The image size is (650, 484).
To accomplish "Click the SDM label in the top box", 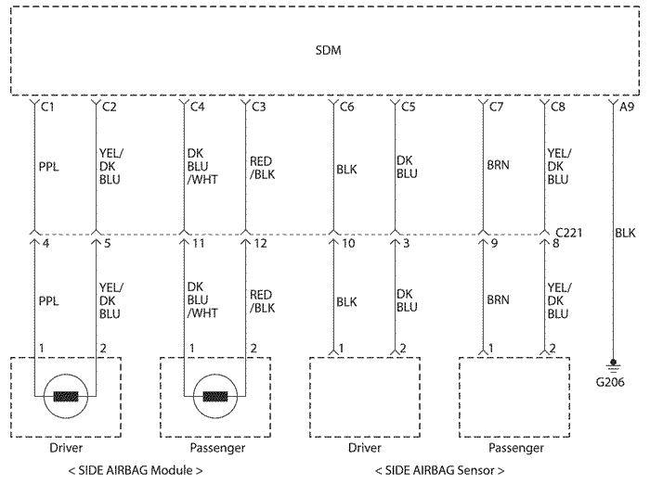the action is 328,50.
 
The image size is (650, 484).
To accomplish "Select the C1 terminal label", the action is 47,108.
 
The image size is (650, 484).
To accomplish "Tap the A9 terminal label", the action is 627,108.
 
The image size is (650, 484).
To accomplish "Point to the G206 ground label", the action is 610,382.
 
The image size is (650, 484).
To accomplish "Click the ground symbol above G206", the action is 613,365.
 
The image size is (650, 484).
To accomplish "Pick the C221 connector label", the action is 568,233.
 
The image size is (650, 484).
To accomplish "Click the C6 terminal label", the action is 347,108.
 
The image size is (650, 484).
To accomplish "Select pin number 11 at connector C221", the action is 199,243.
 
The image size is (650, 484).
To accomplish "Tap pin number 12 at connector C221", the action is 260,243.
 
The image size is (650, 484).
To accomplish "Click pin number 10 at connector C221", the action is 348,243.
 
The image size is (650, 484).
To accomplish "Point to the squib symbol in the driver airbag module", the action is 66,396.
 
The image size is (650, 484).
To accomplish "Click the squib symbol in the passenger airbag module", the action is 215,396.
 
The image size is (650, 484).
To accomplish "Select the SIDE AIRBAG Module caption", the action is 136,471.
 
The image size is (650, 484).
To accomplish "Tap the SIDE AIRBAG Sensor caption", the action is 439,471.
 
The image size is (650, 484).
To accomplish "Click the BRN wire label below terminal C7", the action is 498,165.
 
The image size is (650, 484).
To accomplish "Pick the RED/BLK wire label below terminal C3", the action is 262,168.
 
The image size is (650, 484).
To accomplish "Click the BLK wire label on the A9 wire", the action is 625,233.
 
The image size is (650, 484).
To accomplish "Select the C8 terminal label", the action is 557,108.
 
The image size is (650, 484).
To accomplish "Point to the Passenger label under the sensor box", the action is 515,448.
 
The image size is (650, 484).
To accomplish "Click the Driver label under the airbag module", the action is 66,448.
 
